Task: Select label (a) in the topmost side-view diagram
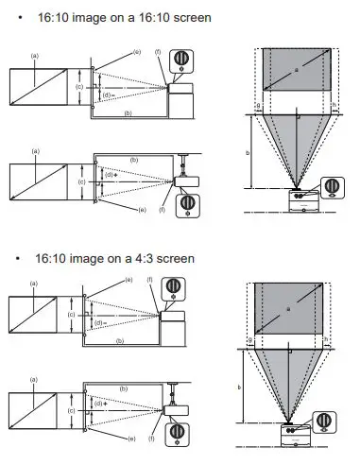pos(35,56)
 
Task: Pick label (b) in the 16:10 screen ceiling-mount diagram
pos(134,161)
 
